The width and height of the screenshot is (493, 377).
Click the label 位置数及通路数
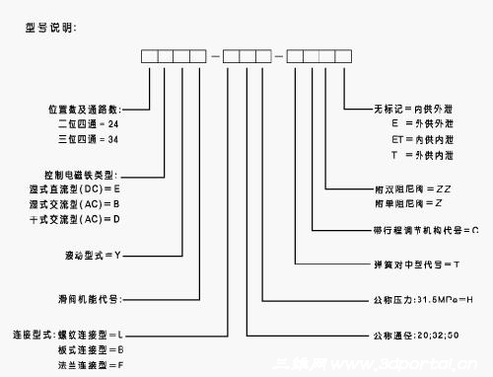coord(92,109)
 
